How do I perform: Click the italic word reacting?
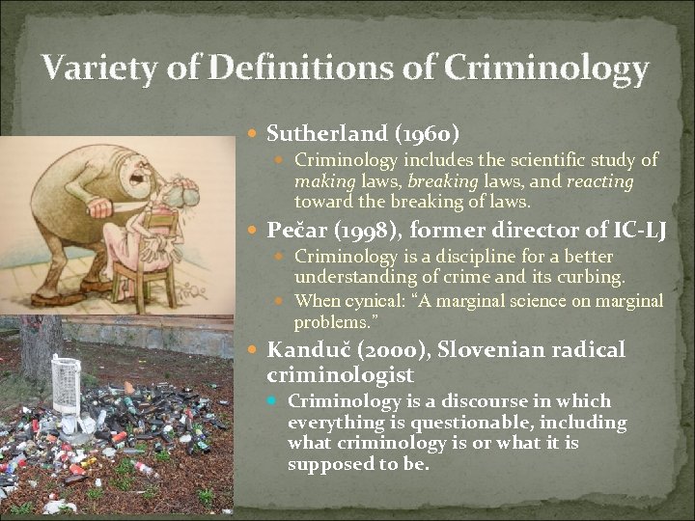(x=599, y=180)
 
